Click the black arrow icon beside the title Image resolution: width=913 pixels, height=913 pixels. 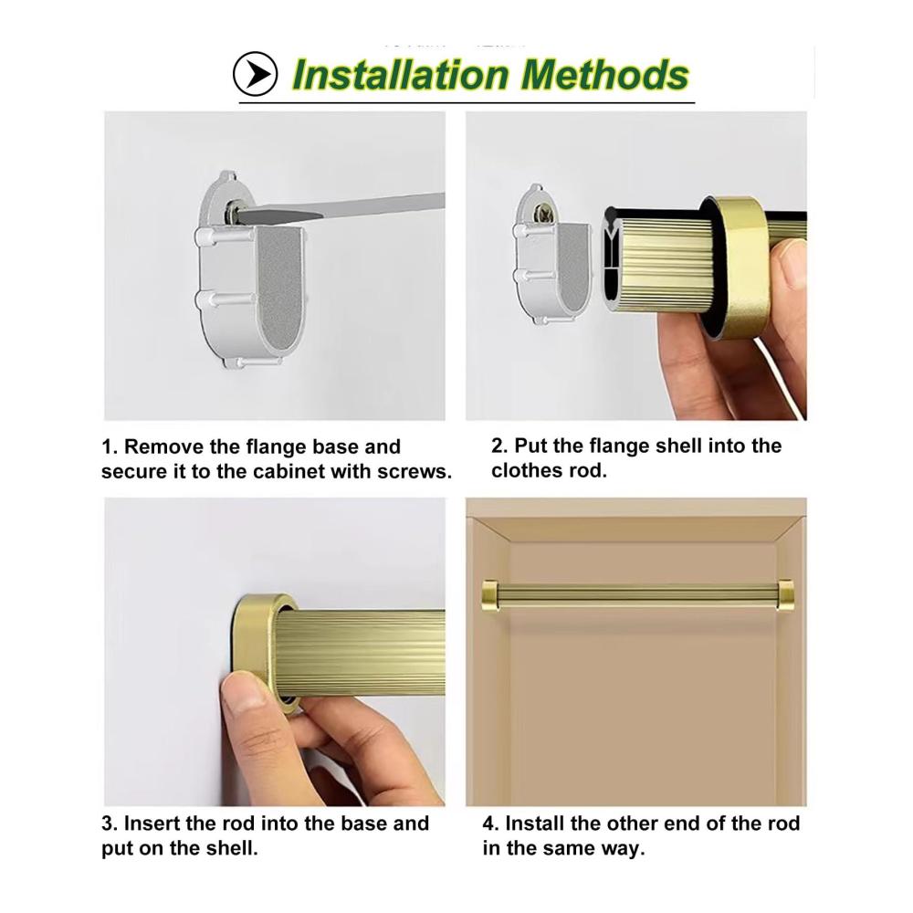(255, 74)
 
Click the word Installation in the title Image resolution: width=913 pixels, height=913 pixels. (401, 75)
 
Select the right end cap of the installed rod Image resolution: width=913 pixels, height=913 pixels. (785, 594)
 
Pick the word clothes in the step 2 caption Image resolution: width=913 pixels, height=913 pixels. (527, 470)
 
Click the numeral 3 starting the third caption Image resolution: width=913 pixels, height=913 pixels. (109, 824)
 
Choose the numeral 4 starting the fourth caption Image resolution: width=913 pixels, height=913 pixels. (490, 824)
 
